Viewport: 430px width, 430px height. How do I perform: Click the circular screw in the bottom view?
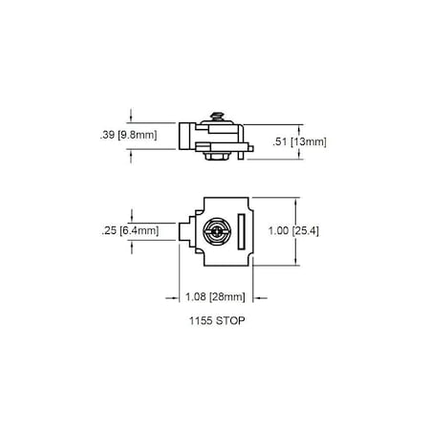[217, 230]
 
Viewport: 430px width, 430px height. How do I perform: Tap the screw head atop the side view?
[218, 115]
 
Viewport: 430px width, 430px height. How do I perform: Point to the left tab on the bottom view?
[184, 230]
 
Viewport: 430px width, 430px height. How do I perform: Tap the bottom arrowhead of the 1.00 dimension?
[299, 260]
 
